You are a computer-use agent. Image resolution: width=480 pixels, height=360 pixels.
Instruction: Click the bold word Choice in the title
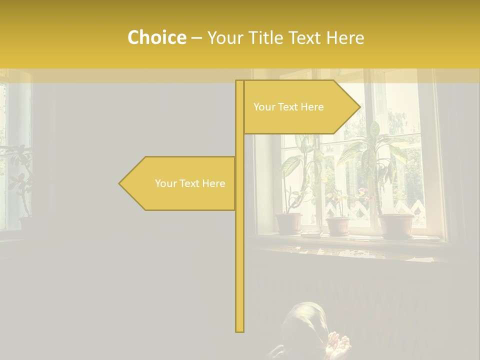tap(156, 37)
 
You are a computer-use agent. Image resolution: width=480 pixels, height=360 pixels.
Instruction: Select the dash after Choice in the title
tap(196, 38)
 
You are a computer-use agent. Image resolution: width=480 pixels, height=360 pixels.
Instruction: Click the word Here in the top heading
tap(345, 37)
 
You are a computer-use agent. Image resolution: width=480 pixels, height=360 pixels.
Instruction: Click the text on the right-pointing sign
tap(288, 107)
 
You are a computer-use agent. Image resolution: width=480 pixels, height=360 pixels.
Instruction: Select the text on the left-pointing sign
tap(190, 183)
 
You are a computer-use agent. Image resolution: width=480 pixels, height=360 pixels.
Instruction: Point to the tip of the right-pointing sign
tap(359, 107)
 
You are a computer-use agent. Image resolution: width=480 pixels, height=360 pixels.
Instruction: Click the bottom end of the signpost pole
tap(239, 330)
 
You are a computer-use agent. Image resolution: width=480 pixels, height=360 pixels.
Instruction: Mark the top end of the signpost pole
tap(239, 81)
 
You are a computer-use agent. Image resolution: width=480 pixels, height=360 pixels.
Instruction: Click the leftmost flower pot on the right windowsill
tap(289, 223)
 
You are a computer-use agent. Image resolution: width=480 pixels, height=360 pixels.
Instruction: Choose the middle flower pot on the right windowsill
tap(338, 225)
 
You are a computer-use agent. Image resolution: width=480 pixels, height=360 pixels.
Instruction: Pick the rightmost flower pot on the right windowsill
tap(396, 225)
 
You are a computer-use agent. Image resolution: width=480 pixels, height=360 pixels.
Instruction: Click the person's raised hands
tap(339, 344)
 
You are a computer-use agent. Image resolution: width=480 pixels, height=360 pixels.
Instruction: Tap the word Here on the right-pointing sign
tap(312, 107)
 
